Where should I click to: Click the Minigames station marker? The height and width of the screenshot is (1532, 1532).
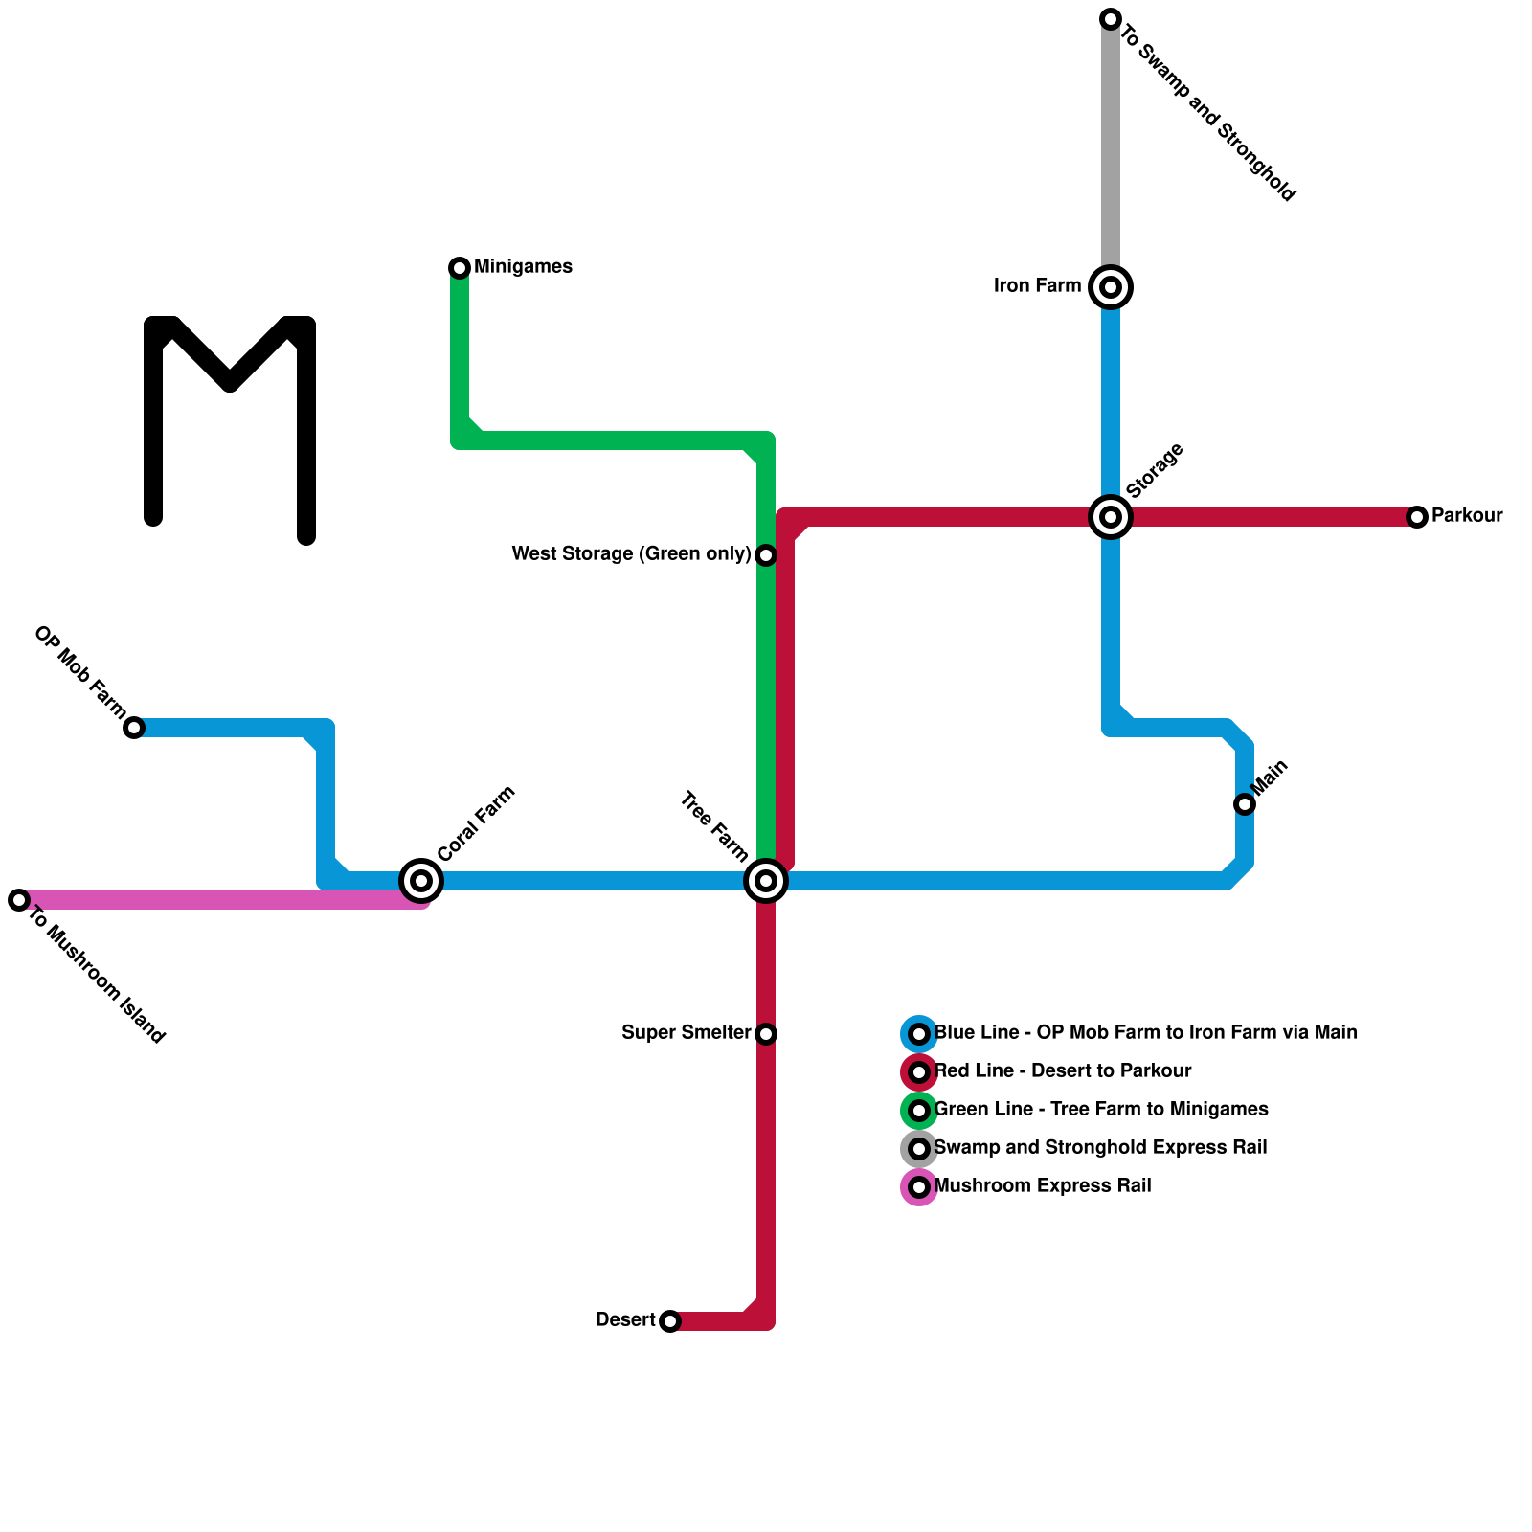460,268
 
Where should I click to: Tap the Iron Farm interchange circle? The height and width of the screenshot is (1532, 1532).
1111,287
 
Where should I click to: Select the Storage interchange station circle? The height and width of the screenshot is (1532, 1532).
1111,517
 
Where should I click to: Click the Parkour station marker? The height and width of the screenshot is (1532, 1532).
1417,517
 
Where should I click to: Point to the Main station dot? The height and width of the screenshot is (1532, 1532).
1245,804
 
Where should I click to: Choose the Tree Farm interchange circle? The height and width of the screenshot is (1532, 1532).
766,881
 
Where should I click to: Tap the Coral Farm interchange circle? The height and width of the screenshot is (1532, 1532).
421,881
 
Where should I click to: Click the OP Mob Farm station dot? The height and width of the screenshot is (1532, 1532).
134,728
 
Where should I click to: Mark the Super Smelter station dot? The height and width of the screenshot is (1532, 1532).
766,1034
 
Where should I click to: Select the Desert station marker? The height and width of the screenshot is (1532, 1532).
670,1321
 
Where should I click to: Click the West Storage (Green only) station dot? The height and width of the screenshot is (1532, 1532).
766,555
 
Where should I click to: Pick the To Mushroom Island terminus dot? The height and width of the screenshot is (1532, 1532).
19,900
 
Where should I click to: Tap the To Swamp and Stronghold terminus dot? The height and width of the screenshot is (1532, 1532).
1111,19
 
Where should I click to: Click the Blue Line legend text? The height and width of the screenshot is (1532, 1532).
1145,1033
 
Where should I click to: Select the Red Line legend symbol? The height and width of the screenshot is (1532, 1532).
919,1072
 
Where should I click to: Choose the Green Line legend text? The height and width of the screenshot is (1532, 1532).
1101,1110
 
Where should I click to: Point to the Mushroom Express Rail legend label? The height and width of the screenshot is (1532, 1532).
1042,1186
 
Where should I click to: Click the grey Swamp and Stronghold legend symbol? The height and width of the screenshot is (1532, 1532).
919,1149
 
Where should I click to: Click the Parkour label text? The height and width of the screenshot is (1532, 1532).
1467,516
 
